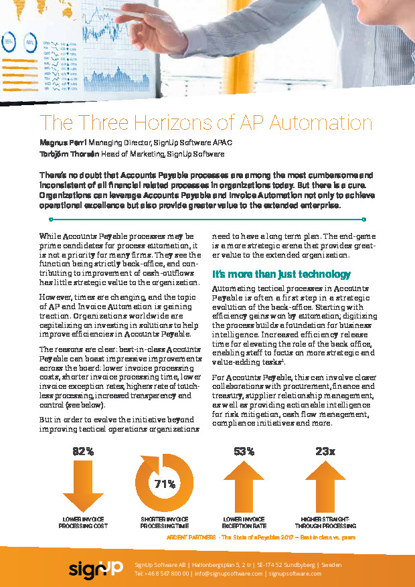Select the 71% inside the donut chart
click(165, 483)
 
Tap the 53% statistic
click(244, 451)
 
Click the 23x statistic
click(325, 451)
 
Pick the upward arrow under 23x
click(325, 486)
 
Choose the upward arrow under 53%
click(244, 486)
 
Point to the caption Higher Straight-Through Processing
click(325, 522)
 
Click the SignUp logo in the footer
click(95, 568)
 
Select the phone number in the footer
click(161, 574)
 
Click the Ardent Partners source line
click(260, 537)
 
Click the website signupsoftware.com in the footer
click(296, 574)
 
